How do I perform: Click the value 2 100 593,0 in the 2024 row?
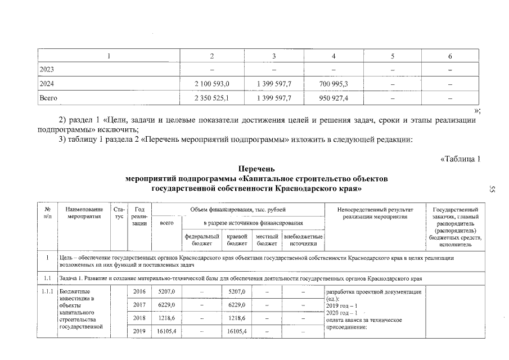(211, 84)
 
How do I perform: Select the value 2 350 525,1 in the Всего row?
(211, 98)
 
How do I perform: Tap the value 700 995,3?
(334, 84)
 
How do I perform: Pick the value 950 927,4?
(334, 98)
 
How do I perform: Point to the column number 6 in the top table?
(450, 56)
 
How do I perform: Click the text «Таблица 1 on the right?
(460, 158)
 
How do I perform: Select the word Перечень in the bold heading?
(256, 169)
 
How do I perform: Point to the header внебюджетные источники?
(304, 240)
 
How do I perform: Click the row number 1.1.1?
(48, 292)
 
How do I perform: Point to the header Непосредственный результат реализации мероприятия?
(375, 213)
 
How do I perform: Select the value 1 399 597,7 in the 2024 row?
(273, 84)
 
